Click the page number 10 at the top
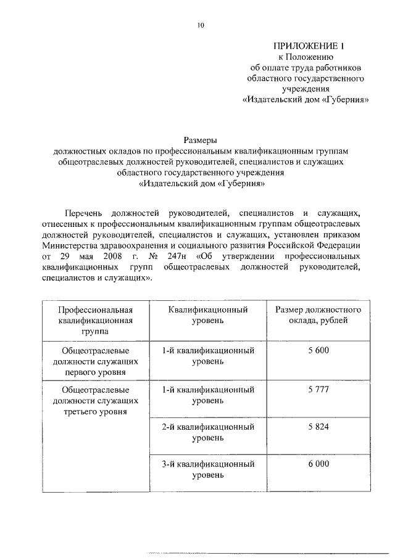[x=200, y=25]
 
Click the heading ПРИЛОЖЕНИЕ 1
[x=307, y=46]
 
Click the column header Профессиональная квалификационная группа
[x=96, y=320]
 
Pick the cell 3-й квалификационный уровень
[x=207, y=469]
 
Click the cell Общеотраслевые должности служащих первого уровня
[x=96, y=361]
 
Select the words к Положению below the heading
[x=307, y=57]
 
